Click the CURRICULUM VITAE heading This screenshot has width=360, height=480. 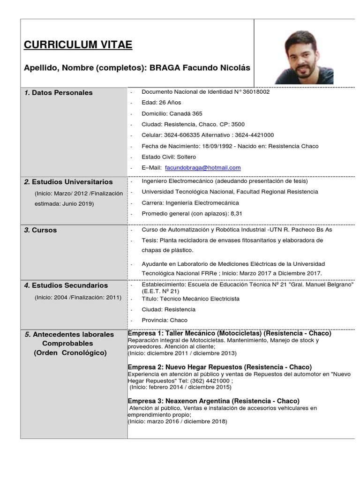point(78,45)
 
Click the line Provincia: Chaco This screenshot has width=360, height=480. point(164,320)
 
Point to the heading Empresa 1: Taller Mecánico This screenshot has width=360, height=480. point(192,333)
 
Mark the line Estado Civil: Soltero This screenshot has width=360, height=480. point(169,157)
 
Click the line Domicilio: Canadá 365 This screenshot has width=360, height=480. point(172,113)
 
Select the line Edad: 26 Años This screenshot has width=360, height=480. point(161,103)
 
